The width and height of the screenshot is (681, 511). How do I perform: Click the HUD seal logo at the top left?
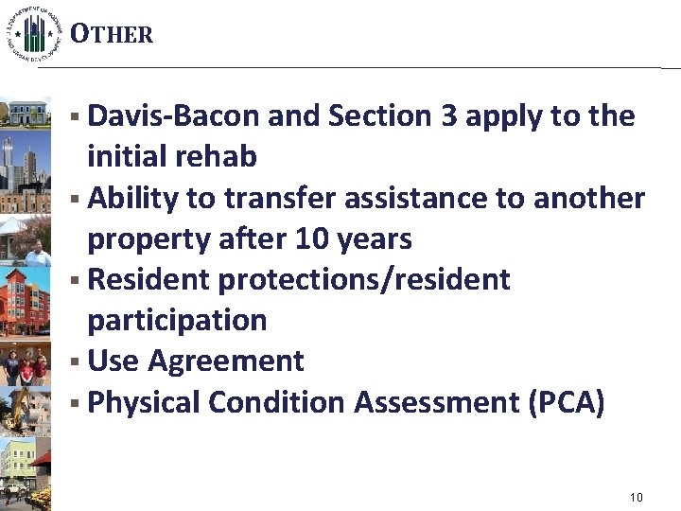(35, 33)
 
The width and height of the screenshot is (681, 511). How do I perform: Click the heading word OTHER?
(112, 35)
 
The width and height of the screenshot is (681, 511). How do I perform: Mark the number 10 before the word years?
(310, 239)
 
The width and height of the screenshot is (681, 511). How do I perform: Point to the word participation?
(177, 321)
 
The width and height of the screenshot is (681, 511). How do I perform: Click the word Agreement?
(226, 361)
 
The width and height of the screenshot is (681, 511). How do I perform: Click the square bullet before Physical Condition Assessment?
(75, 403)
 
